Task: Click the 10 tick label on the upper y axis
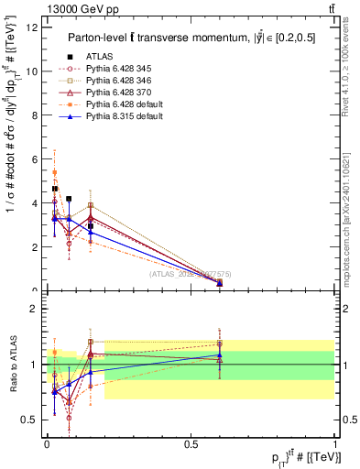click(34, 71)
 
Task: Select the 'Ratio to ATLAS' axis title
click(12, 365)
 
